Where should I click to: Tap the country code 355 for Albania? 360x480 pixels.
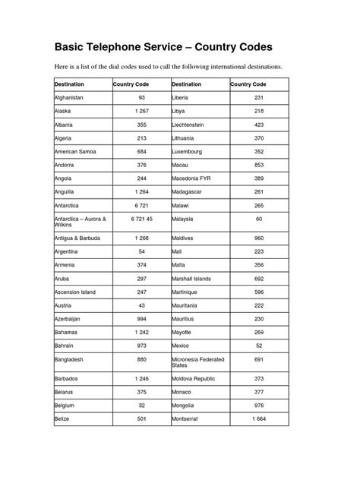(x=141, y=125)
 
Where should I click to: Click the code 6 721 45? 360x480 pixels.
(x=141, y=219)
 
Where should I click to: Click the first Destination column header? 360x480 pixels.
(x=69, y=84)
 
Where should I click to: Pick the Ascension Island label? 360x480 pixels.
(x=75, y=291)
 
